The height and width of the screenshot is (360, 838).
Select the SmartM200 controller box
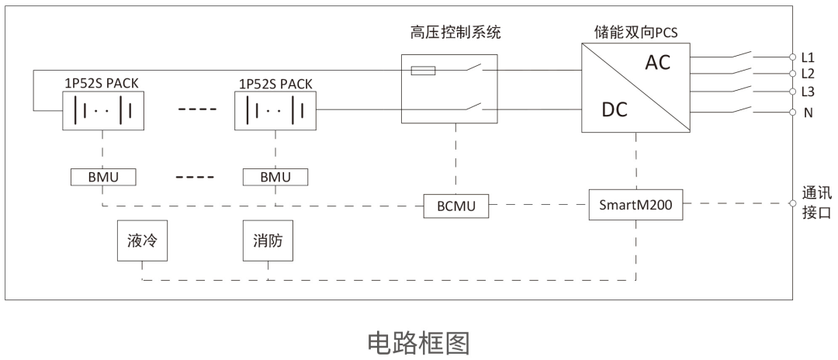tap(635, 206)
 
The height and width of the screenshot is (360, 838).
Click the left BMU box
tap(102, 177)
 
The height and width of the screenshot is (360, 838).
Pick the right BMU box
tap(275, 177)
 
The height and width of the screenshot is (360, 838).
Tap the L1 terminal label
tap(808, 57)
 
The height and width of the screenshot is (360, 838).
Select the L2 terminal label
tap(808, 74)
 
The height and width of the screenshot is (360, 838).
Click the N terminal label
tap(808, 112)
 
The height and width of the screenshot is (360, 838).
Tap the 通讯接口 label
tap(816, 202)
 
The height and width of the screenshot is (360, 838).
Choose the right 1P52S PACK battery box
tap(275, 110)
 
